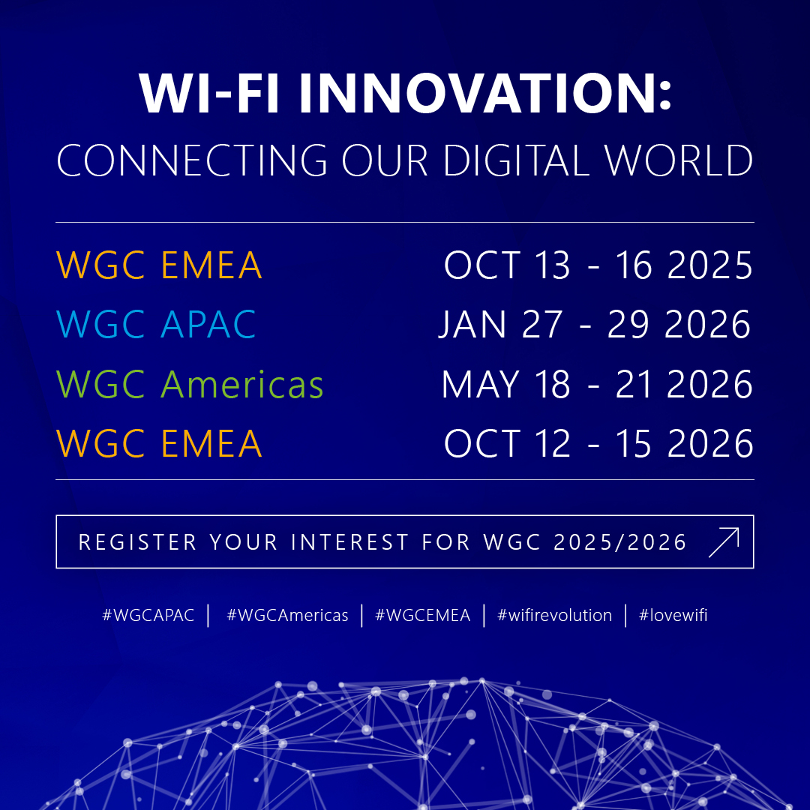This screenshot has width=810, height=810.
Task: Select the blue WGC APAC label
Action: [156, 325]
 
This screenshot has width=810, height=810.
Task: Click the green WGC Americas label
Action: [190, 384]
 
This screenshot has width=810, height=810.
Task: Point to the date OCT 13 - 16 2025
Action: [598, 265]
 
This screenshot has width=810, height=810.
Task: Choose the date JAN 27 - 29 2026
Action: [595, 325]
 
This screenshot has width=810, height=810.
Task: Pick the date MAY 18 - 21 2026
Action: [597, 384]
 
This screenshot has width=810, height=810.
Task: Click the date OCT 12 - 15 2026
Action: [598, 444]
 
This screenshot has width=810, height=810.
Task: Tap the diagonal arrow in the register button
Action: [724, 542]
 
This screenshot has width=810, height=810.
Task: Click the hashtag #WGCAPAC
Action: [148, 615]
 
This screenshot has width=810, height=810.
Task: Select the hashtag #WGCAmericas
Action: [287, 615]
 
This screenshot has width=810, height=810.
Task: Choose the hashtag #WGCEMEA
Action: [422, 615]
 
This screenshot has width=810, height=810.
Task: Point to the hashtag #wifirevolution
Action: [554, 615]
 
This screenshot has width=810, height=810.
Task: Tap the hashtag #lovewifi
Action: [673, 615]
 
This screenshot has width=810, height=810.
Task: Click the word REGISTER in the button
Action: [137, 542]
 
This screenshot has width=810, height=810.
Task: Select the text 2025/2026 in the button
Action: [620, 542]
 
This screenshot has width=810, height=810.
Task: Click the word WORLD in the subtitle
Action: [678, 160]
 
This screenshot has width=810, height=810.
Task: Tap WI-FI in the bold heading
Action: [209, 93]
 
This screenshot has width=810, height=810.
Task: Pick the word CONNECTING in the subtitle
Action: [192, 160]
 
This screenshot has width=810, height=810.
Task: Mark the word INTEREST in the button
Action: [349, 542]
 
